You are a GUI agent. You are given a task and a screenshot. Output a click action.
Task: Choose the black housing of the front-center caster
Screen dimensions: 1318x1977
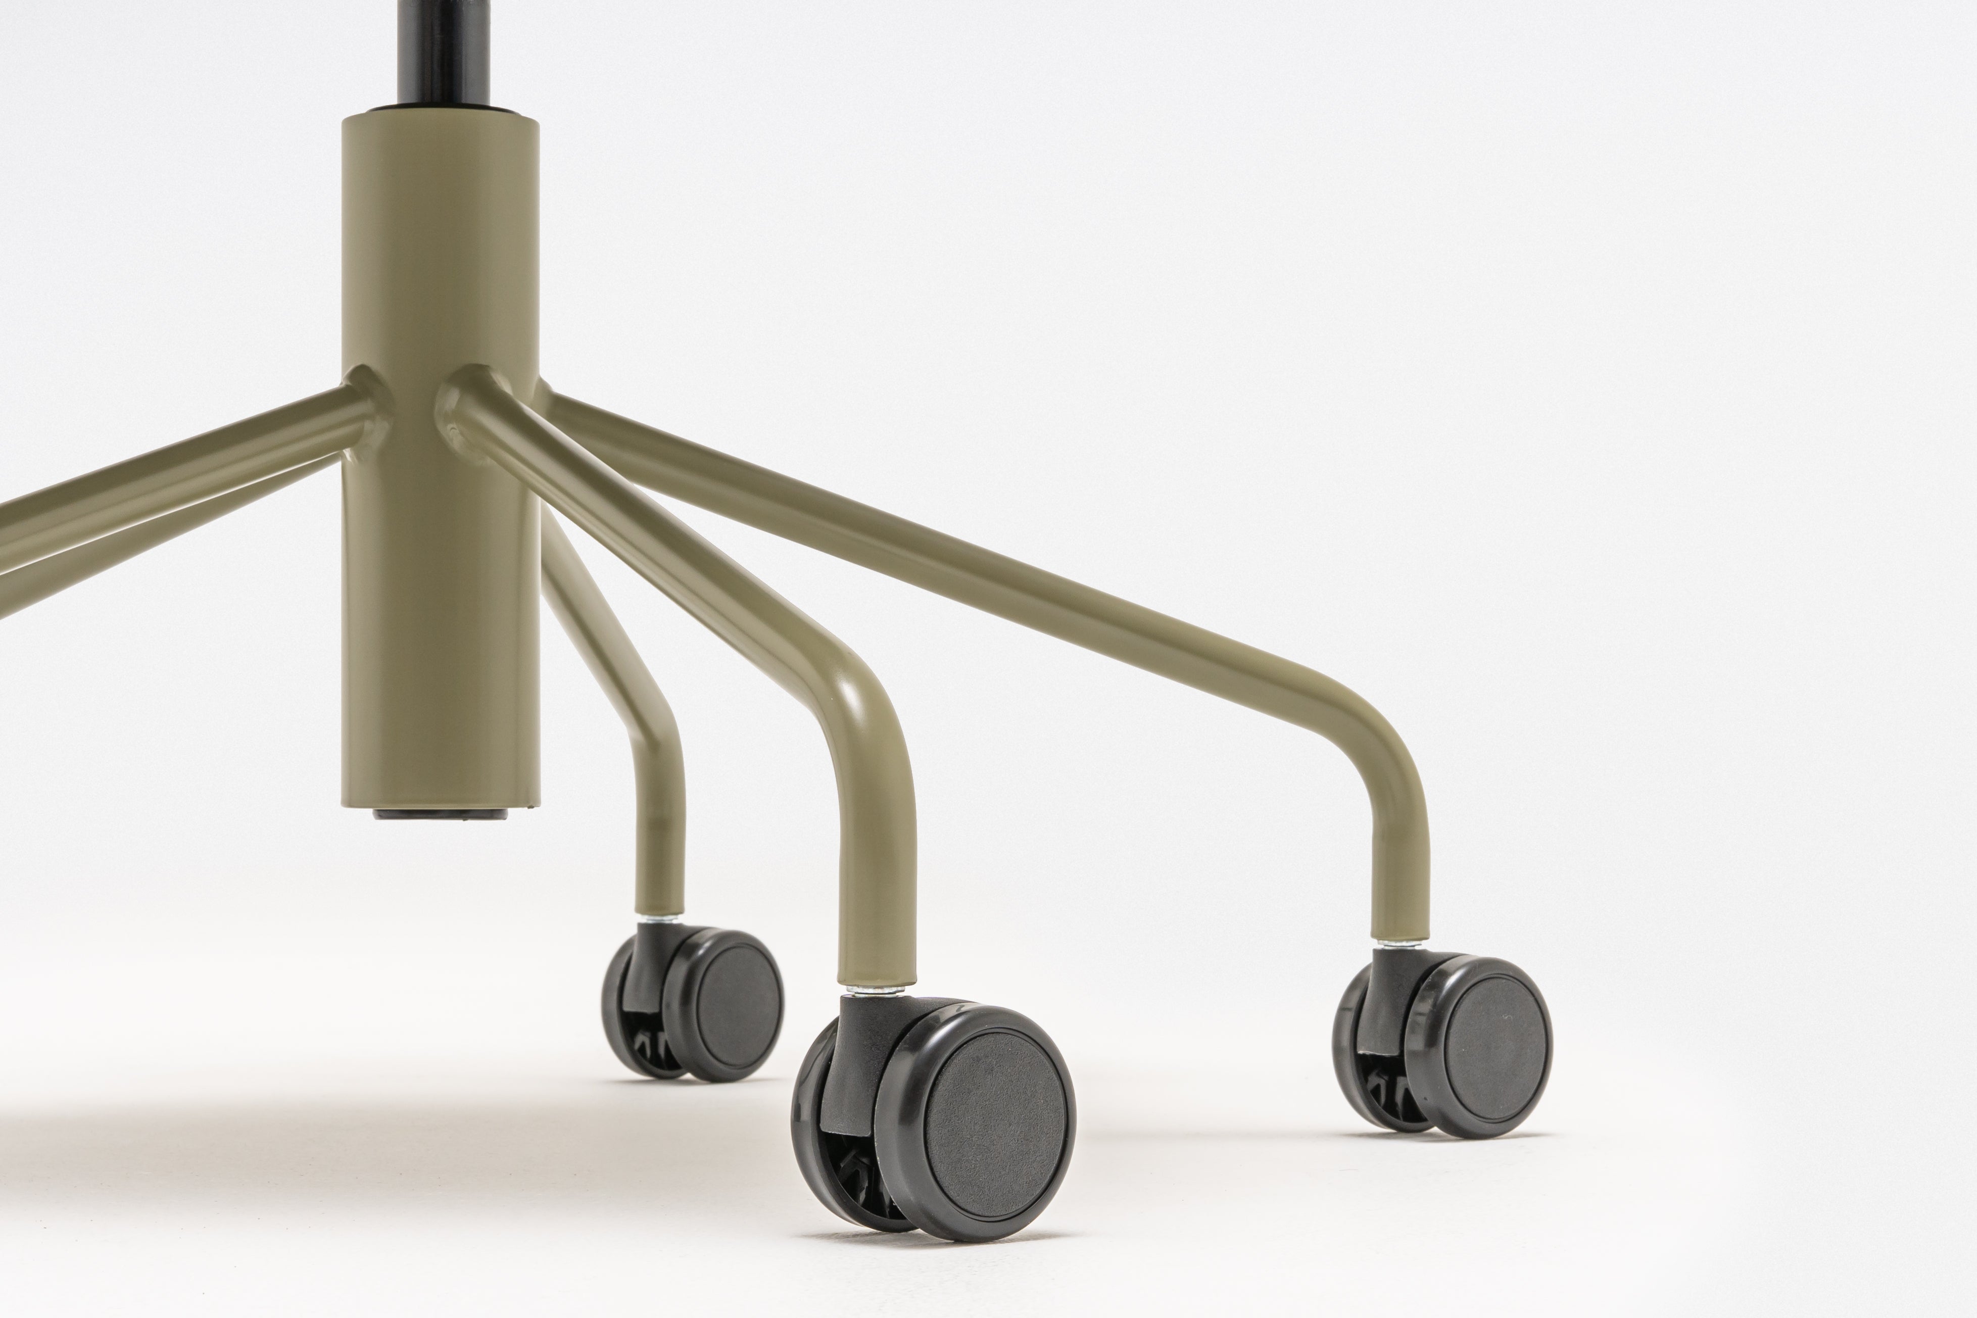[857, 1059]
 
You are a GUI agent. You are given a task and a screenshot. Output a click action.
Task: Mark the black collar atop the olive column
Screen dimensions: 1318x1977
[441, 111]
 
